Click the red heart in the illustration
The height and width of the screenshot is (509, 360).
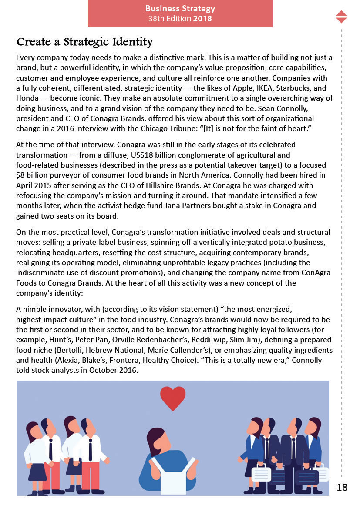[173, 398]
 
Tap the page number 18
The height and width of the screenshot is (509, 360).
[342, 487]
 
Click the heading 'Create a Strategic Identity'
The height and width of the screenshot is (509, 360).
[84, 42]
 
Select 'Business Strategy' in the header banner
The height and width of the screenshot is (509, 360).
[180, 9]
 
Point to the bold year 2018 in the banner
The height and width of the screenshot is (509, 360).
[202, 19]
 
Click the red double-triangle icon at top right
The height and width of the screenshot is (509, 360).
[342, 17]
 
